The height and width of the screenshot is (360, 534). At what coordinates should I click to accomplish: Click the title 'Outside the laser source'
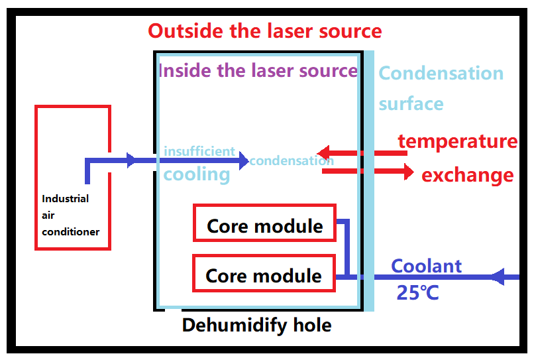(264, 30)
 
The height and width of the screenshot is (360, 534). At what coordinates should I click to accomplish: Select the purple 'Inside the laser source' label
(258, 70)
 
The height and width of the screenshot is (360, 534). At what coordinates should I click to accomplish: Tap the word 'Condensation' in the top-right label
(441, 73)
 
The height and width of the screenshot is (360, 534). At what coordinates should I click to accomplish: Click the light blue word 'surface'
(411, 103)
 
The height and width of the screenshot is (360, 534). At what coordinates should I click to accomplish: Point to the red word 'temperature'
(457, 141)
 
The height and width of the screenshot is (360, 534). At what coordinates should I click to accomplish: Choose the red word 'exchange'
(467, 175)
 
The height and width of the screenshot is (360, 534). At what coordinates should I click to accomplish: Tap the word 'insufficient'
(199, 151)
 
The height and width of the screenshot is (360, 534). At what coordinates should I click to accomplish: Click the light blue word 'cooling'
(197, 174)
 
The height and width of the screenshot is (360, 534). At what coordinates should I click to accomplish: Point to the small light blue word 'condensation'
(292, 160)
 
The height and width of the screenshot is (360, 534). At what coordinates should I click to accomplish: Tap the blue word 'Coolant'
(427, 267)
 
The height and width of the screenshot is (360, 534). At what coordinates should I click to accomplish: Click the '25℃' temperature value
(417, 292)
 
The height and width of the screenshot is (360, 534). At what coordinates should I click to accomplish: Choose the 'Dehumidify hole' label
(256, 326)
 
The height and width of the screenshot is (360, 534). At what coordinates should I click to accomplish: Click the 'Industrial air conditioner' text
(70, 215)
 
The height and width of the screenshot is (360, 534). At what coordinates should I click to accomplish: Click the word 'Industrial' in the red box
(65, 198)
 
